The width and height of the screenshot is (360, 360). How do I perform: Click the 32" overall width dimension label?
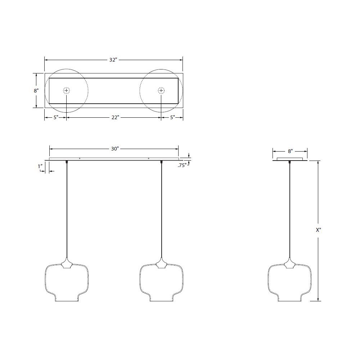113,60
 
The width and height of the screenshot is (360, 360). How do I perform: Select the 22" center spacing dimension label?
115,118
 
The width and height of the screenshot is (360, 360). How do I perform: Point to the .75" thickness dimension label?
182,166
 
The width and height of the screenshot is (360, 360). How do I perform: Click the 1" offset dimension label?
41,166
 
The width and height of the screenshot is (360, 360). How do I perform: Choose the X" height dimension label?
318,230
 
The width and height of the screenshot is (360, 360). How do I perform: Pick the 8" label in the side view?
290,152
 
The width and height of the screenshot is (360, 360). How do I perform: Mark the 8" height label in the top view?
36,91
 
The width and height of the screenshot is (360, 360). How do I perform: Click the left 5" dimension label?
56,118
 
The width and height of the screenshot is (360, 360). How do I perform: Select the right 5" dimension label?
172,118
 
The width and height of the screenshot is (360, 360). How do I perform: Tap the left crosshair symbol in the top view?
67,90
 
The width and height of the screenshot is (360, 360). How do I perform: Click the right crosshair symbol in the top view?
161,90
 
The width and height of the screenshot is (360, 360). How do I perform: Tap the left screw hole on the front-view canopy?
80,158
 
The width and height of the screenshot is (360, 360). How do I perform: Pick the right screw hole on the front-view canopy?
149,158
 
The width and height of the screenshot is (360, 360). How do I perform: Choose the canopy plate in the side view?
290,159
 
